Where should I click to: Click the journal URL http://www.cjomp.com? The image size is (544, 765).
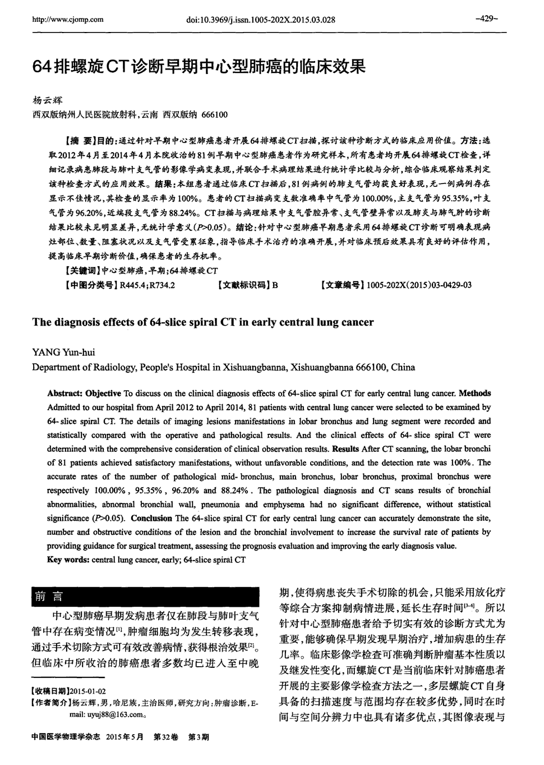coord(68,20)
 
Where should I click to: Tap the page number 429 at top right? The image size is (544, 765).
coord(487,19)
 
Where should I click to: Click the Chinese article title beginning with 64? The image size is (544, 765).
coord(199,67)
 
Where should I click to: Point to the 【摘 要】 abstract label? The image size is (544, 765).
coord(83,139)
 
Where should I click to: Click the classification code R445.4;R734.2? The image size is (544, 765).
coord(147,285)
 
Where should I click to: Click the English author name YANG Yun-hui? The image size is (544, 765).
coord(63,352)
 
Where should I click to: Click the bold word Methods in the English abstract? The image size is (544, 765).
coord(474,393)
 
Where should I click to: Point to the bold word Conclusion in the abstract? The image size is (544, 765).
coord(153,518)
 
